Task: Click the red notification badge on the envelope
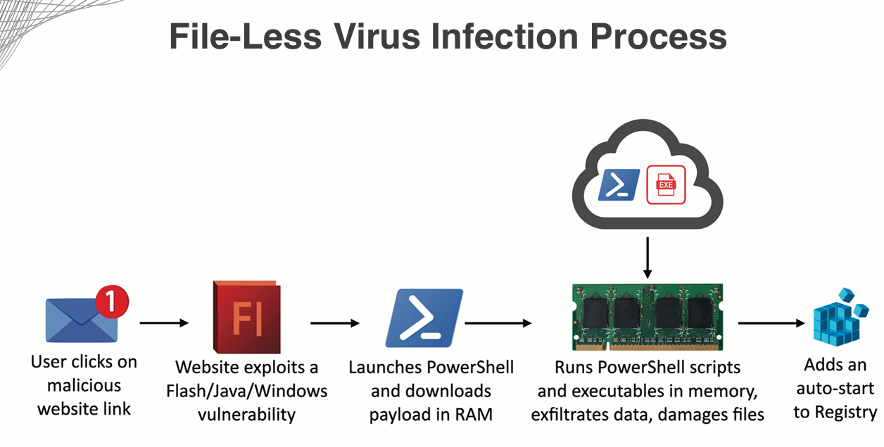[112, 301]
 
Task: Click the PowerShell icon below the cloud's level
[424, 318]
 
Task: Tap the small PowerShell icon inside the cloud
[619, 185]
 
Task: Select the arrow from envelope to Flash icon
[164, 323]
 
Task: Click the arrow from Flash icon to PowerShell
[335, 323]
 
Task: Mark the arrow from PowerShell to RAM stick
[498, 323]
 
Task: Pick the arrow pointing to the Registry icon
[771, 323]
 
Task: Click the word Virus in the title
[373, 37]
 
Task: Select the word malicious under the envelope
[84, 385]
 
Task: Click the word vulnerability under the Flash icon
[246, 413]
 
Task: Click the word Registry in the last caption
[845, 412]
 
